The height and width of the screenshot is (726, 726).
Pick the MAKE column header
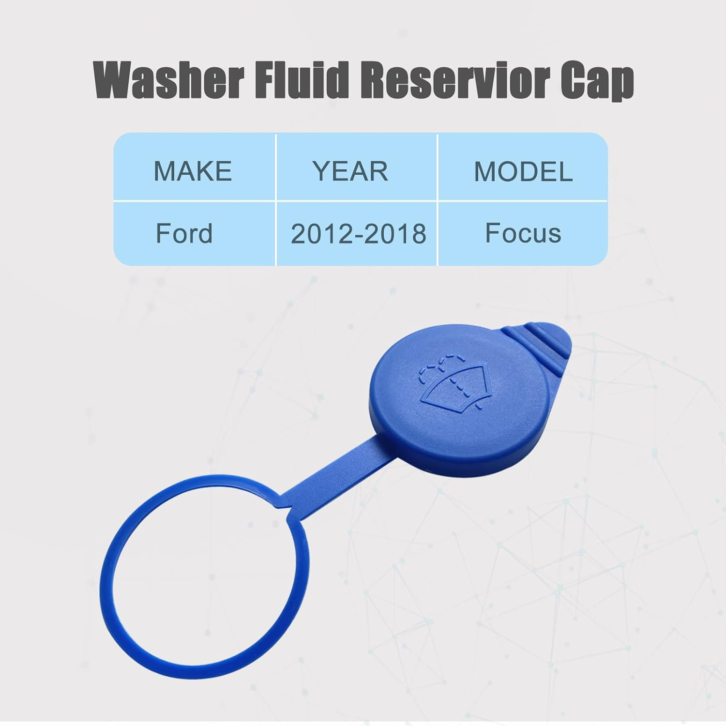point(193,171)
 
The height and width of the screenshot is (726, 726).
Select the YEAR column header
point(350,171)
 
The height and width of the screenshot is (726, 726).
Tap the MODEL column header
point(523,172)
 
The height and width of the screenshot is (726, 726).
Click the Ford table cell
point(184,233)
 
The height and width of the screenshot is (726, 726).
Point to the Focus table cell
point(523,233)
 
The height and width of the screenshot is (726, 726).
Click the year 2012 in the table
point(319,234)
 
